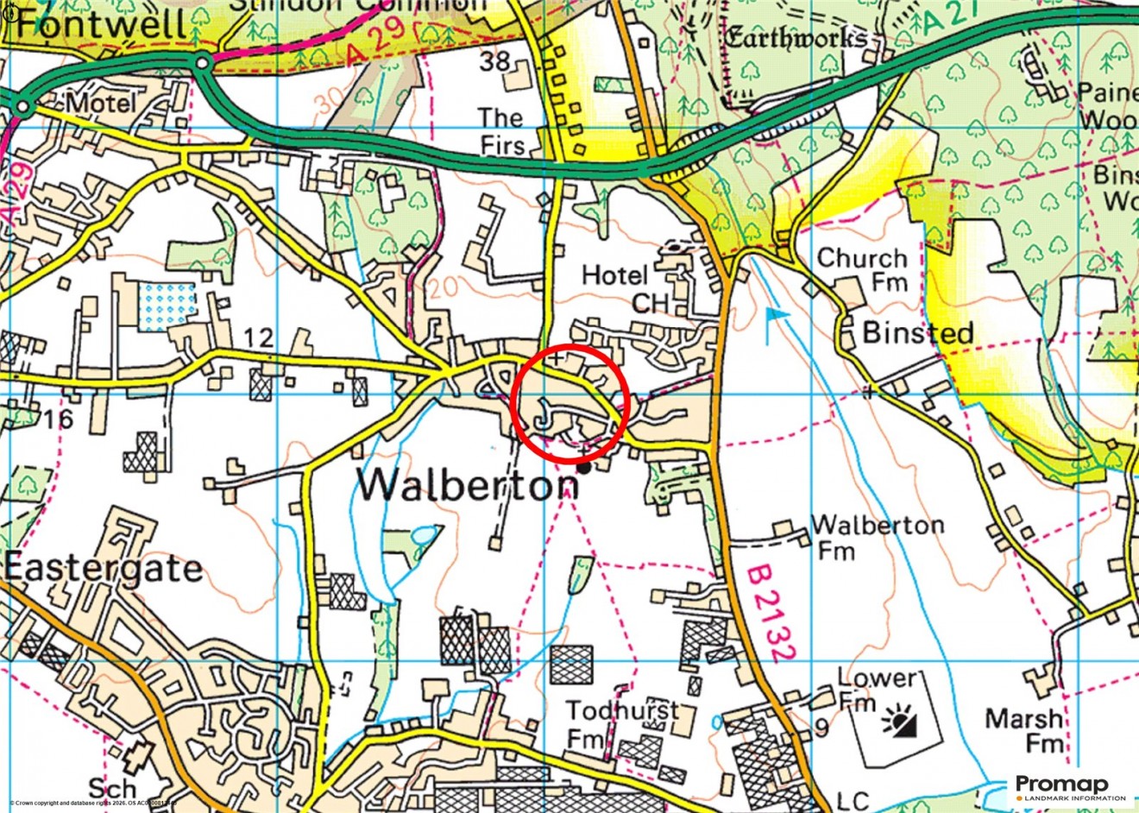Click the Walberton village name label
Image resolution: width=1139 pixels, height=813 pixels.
point(468,485)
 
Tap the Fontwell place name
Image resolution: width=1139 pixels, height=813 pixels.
point(101,23)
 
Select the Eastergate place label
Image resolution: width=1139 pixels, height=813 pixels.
point(104,569)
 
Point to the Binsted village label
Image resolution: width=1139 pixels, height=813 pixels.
point(918,333)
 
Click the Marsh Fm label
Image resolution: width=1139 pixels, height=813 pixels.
point(1024,730)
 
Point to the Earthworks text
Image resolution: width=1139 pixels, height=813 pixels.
point(796,38)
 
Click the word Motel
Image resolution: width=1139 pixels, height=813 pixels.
point(101,104)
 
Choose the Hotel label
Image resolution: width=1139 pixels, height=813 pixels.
point(614,276)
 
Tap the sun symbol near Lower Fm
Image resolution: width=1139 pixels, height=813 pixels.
point(899,722)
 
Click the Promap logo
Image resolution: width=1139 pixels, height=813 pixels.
point(1061,786)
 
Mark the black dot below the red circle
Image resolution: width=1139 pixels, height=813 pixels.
point(584,468)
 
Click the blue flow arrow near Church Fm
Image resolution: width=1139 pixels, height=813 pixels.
point(775,318)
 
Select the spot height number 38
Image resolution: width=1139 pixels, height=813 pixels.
point(494,61)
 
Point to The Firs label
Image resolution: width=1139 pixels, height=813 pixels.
point(501,130)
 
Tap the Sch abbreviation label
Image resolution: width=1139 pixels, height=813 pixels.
point(112,789)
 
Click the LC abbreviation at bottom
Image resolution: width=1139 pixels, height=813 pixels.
point(854,800)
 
